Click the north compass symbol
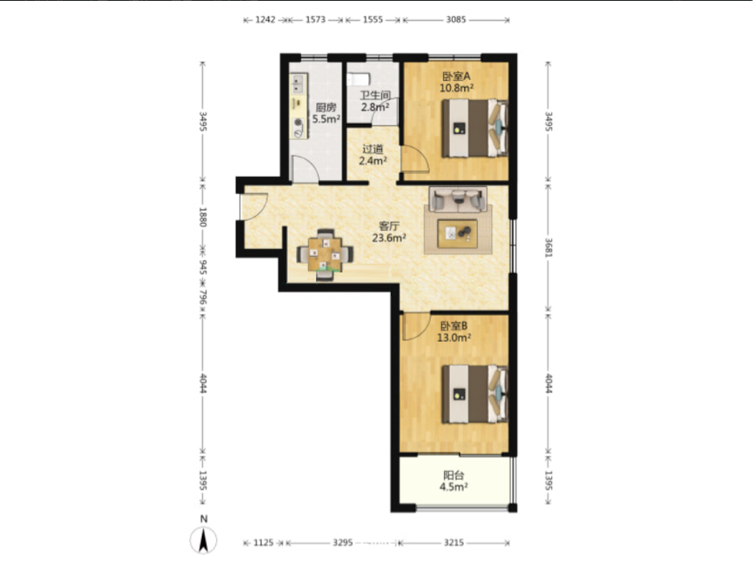(x=204, y=540)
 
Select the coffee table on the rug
(x=457, y=234)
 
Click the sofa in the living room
(x=458, y=198)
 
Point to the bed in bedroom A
(x=475, y=128)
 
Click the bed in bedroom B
(x=475, y=394)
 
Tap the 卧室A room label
(x=456, y=77)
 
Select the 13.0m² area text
(x=454, y=338)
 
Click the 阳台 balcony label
(x=454, y=475)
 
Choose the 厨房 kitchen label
(x=326, y=108)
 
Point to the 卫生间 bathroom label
(x=375, y=95)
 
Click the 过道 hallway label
(x=373, y=150)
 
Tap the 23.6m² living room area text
(x=389, y=237)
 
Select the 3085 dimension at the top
(x=456, y=20)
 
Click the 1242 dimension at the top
(x=266, y=20)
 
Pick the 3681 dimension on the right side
(x=548, y=248)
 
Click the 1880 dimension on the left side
(x=203, y=218)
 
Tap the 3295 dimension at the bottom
(x=343, y=542)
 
